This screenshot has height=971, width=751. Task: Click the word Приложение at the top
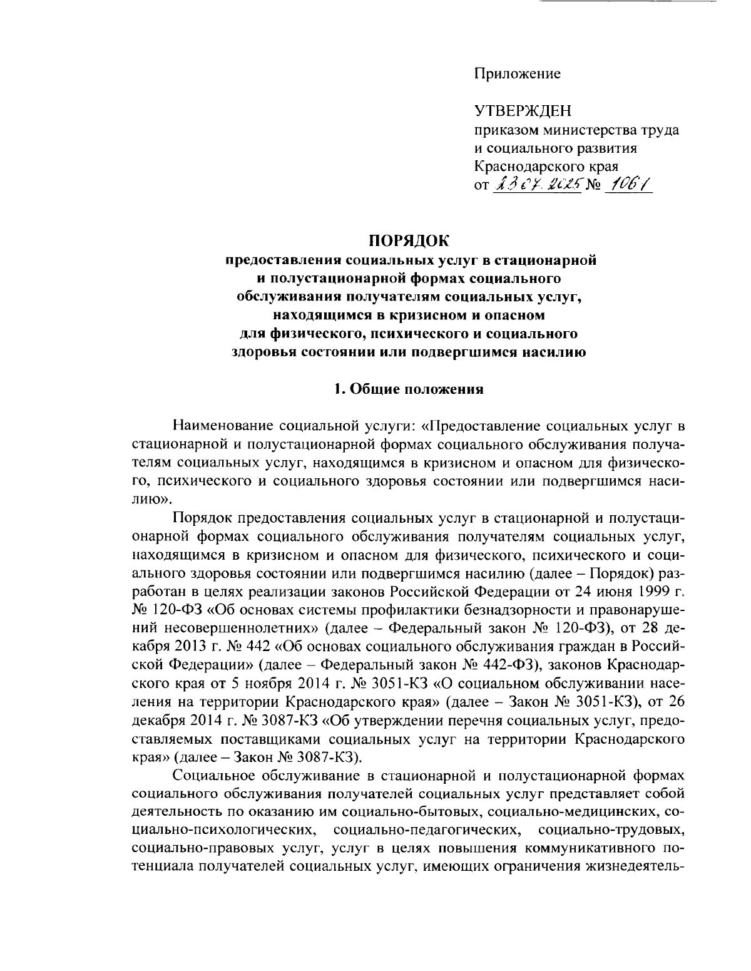[x=517, y=74]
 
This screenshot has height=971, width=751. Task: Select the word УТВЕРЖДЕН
[x=523, y=111]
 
